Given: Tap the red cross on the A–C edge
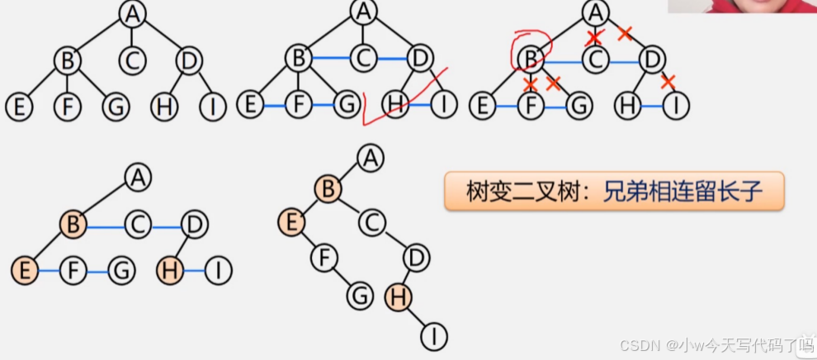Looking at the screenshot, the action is [x=594, y=38].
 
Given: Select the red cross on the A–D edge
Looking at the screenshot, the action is [x=625, y=33].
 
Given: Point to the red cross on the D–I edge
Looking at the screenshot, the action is [x=668, y=81].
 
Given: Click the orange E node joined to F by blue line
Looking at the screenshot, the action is [x=25, y=270].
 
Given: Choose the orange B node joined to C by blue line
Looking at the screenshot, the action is [x=73, y=224].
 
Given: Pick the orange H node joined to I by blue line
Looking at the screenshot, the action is [x=171, y=270].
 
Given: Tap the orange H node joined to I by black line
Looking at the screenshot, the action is [x=399, y=296].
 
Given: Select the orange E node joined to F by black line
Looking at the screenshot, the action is [x=291, y=222].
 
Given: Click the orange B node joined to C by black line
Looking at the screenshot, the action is [x=327, y=189].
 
